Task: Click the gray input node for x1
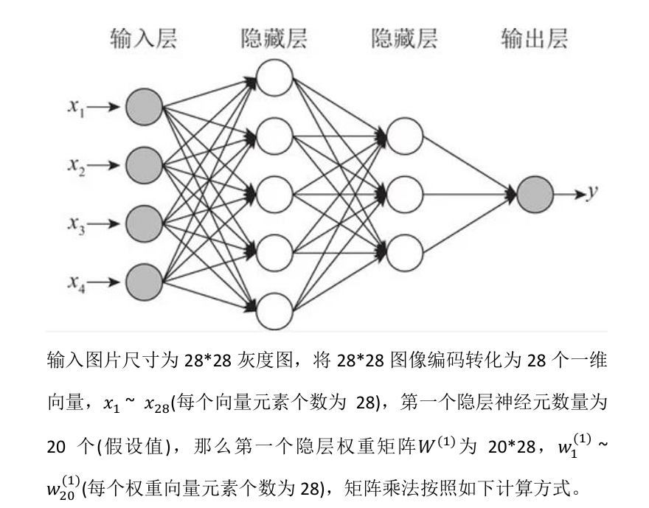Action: (x=144, y=108)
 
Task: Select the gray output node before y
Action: (x=535, y=195)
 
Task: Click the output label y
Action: (x=591, y=193)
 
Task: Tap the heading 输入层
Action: (x=144, y=38)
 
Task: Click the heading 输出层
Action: (x=535, y=38)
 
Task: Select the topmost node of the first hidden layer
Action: (x=274, y=78)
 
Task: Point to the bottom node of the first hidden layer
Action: (x=274, y=310)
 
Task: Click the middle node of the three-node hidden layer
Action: (x=404, y=195)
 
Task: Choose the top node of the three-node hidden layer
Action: (x=404, y=136)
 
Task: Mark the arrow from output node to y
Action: (x=569, y=195)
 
